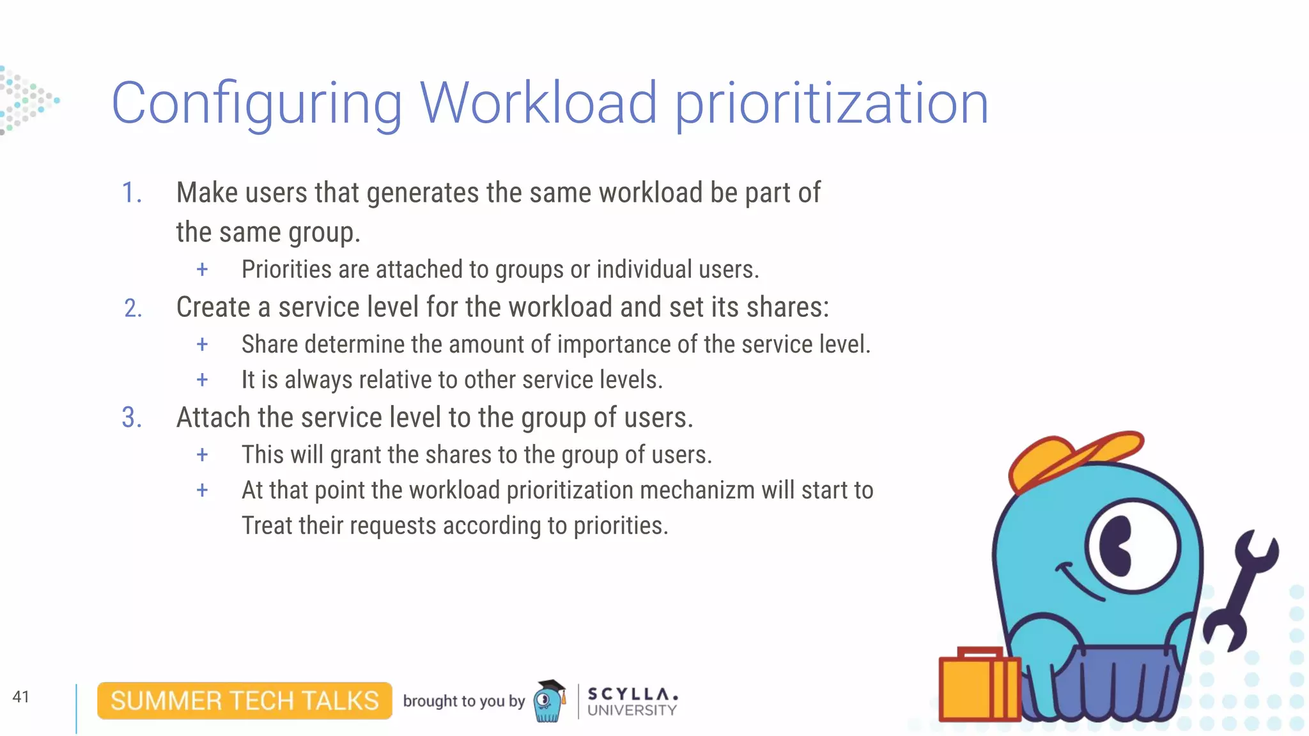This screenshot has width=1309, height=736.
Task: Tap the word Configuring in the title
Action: pos(256,104)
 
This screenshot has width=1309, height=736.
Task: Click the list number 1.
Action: pos(131,193)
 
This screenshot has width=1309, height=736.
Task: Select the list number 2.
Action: pos(132,309)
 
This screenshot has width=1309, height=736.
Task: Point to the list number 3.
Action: pos(132,418)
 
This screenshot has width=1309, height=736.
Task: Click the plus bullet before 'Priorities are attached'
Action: pos(202,270)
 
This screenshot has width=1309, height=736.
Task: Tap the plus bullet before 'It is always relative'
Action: pos(202,380)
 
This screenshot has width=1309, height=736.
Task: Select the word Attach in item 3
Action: pos(213,418)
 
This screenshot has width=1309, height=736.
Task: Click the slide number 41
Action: pos(21,696)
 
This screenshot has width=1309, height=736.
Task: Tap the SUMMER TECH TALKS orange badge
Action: pos(245,701)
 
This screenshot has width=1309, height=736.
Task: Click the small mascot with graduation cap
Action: pos(549,701)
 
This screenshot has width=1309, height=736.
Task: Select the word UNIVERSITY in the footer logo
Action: pos(631,710)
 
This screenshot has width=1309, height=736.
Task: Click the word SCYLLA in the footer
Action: pos(631,693)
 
